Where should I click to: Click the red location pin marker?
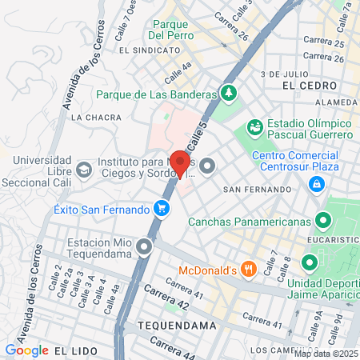point(180,163)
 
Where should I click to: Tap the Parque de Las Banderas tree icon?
point(230,93)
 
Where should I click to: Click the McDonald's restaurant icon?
point(249,269)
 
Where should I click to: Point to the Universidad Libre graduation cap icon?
point(84,169)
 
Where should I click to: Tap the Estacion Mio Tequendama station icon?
point(144,246)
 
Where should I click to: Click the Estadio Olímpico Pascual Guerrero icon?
point(255,126)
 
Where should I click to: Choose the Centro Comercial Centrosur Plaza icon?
point(317,185)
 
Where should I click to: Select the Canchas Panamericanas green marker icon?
point(324,219)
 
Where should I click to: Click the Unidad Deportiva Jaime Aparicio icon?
point(309,262)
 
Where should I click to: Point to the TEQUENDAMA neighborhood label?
point(177,326)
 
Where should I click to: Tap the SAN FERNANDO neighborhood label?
point(257,190)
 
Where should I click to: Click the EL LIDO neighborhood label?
point(75,350)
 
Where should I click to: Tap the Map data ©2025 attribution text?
point(327,354)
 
